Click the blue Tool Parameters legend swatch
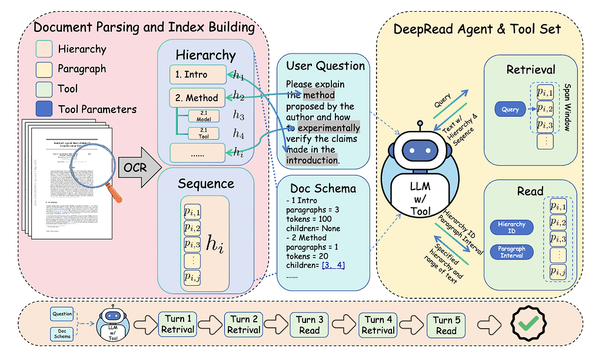click(45, 109)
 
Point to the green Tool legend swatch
click(45, 88)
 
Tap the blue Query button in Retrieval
click(510, 109)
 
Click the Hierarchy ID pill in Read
click(511, 227)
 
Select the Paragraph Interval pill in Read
click(511, 252)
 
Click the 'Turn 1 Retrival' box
click(178, 325)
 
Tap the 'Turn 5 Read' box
click(446, 325)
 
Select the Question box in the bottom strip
click(62, 314)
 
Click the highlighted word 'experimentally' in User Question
click(329, 128)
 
